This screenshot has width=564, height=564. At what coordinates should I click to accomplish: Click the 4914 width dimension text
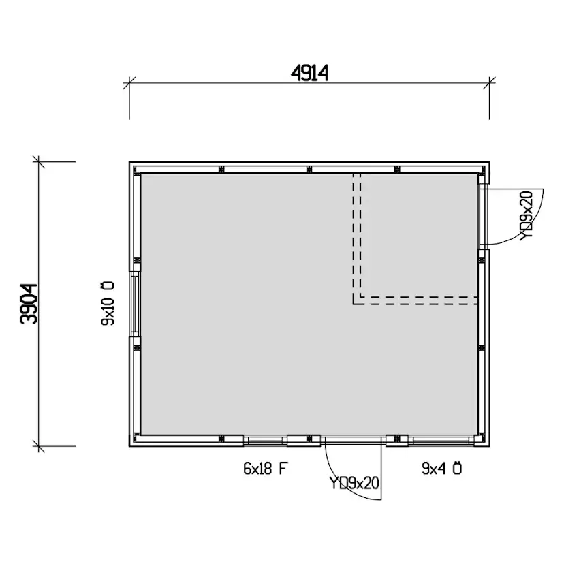(309, 74)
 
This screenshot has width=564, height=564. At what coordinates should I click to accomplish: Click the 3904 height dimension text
(29, 304)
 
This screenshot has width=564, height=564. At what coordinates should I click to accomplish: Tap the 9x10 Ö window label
(108, 303)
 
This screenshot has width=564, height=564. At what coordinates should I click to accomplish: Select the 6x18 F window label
(266, 469)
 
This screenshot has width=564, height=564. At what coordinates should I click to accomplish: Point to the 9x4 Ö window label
(441, 469)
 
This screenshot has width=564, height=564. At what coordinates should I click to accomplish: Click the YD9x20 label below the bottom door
(354, 483)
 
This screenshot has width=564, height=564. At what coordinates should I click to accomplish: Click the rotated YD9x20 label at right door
(527, 215)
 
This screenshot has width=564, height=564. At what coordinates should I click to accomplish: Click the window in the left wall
(135, 304)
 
